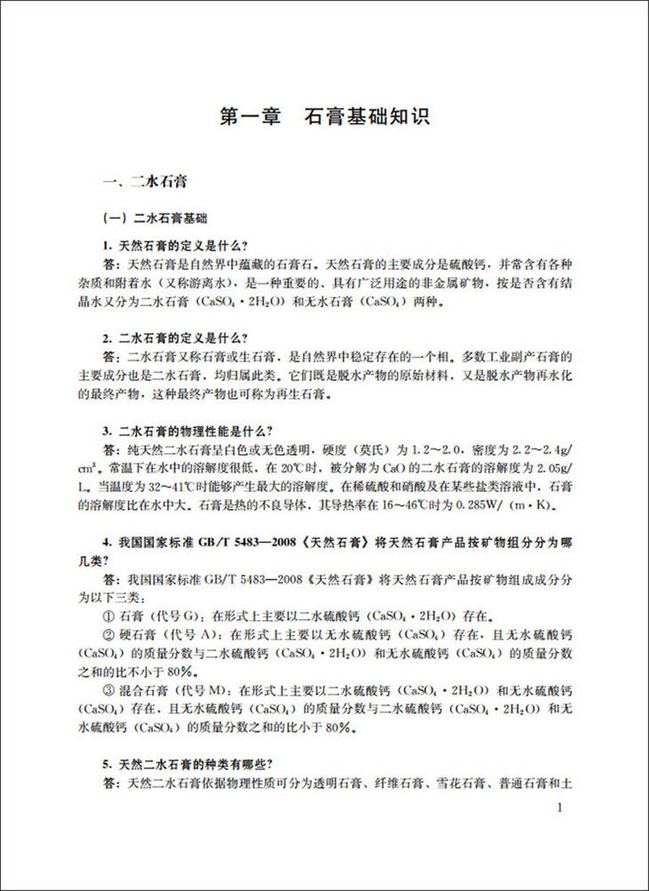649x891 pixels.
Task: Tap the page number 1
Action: (557, 807)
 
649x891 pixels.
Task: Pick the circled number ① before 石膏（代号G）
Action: (110, 614)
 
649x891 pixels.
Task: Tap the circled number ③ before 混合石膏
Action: (110, 690)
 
